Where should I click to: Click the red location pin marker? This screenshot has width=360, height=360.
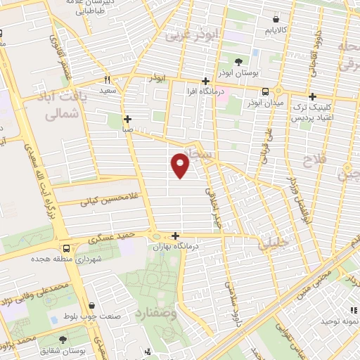[x=181, y=166]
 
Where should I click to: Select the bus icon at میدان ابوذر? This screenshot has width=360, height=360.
[x=266, y=91]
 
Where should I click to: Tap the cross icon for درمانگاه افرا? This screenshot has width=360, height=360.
[x=205, y=81]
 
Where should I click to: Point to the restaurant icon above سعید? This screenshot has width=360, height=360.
[x=108, y=79]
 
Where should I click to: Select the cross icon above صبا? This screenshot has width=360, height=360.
[x=127, y=119]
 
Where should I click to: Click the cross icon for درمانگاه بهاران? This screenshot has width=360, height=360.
[x=175, y=236]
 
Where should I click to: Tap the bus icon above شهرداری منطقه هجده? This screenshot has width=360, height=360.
[x=66, y=248]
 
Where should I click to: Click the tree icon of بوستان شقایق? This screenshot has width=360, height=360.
[x=63, y=340]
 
